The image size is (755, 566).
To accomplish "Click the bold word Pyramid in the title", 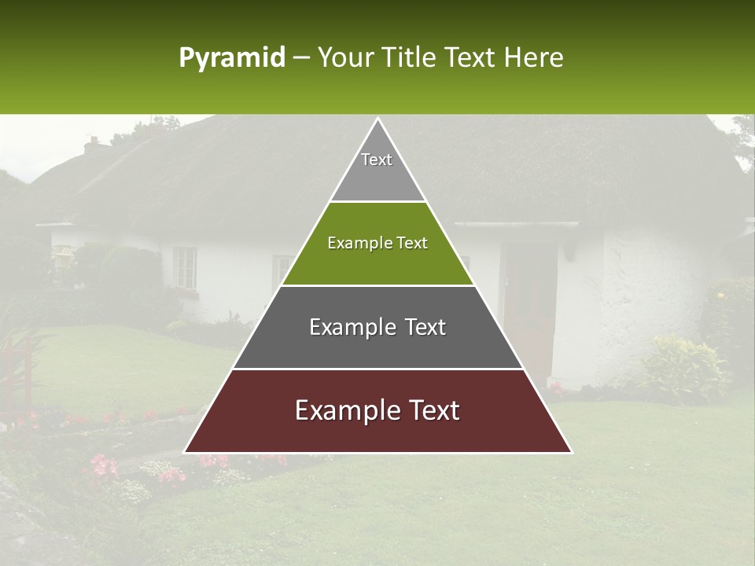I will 231,57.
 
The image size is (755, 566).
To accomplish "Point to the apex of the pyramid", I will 377,119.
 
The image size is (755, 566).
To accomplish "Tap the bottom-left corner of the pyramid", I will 186,452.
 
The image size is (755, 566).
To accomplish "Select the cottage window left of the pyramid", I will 185,267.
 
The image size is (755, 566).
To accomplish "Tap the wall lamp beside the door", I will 568,249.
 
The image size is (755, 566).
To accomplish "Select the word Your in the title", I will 344,57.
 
